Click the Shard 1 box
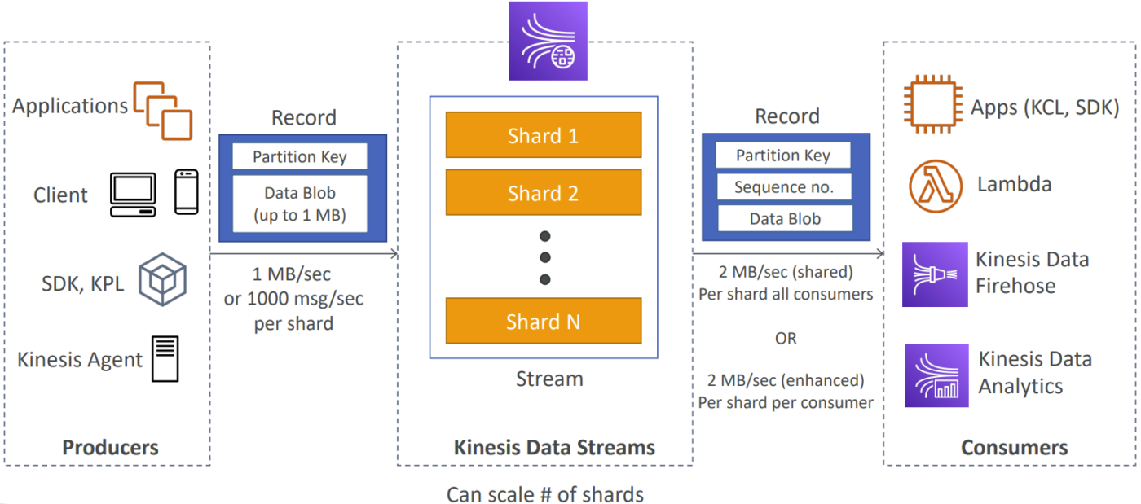click(544, 135)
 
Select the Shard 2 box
click(544, 192)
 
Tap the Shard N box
click(544, 321)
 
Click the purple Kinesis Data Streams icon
click(548, 41)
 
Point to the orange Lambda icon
click(936, 186)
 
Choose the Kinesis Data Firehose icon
click(935, 274)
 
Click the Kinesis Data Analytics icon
click(936, 375)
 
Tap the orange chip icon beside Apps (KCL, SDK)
click(933, 104)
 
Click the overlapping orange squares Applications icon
click(163, 111)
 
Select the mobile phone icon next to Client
click(187, 192)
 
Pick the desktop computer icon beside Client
click(133, 195)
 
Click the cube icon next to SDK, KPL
click(162, 279)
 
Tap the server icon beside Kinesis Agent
click(165, 359)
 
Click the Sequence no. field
click(784, 186)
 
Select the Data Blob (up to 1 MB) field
click(300, 204)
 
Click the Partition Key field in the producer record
click(300, 156)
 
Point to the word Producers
click(110, 448)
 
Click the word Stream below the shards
click(549, 379)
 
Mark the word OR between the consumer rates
click(786, 339)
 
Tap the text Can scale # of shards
click(545, 493)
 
